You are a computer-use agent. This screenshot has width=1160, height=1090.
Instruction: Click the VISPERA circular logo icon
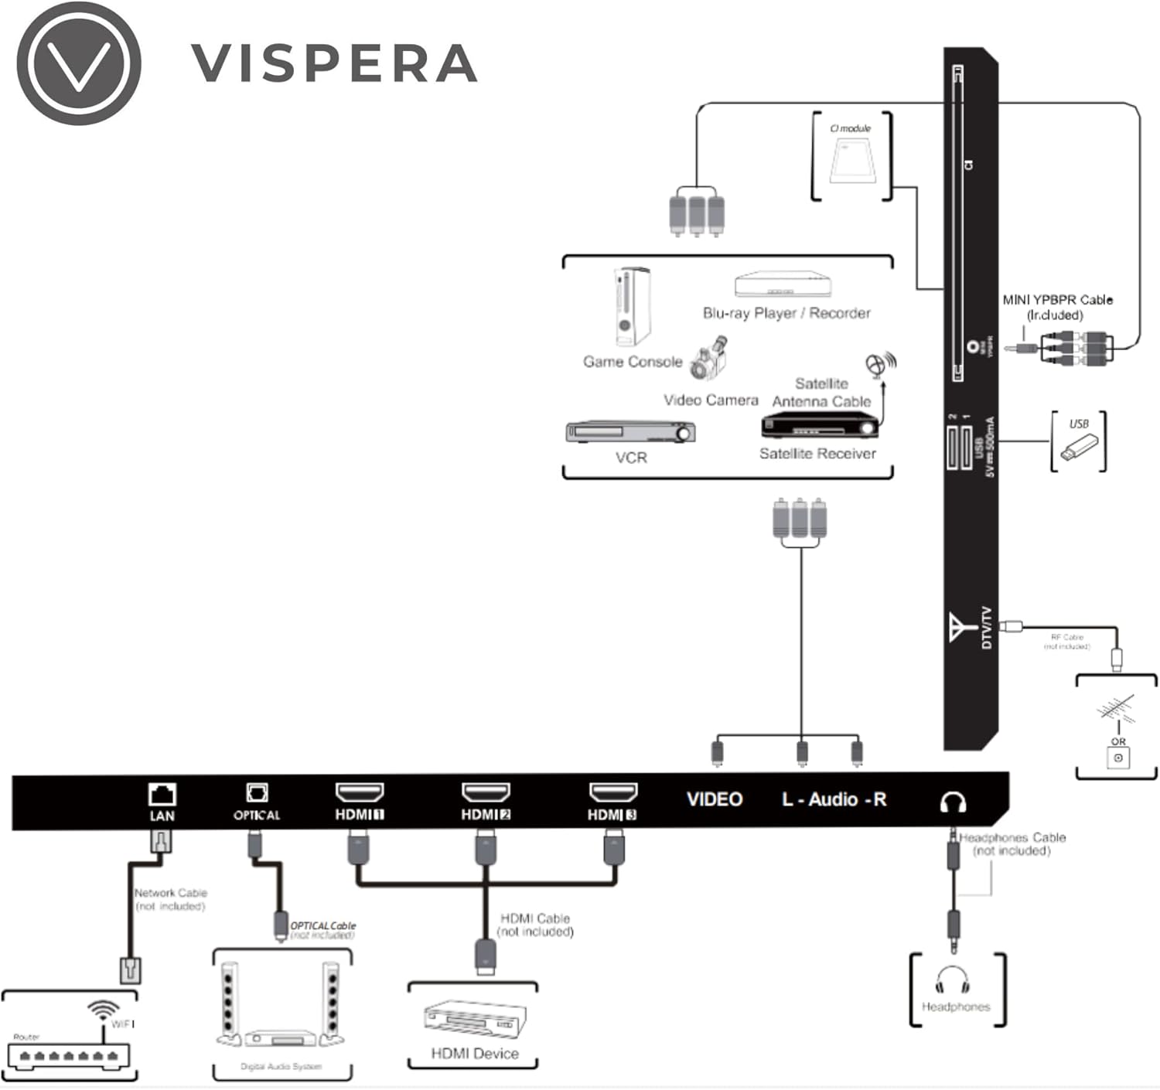pyautogui.click(x=79, y=63)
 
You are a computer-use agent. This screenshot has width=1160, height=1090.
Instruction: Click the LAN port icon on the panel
pyautogui.click(x=162, y=794)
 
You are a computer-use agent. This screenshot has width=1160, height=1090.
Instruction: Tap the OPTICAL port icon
pyautogui.click(x=257, y=792)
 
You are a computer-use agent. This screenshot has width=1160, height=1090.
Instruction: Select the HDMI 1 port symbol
pyautogui.click(x=360, y=792)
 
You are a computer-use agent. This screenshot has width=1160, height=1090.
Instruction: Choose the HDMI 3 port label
pyautogui.click(x=612, y=815)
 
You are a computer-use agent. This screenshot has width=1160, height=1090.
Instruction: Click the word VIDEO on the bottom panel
pyautogui.click(x=715, y=799)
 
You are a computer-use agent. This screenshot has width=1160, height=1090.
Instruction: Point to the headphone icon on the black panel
pyautogui.click(x=953, y=802)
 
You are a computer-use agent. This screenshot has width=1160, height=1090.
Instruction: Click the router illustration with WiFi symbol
pyautogui.click(x=70, y=1044)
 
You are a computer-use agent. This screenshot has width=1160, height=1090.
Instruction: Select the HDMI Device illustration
pyautogui.click(x=474, y=1019)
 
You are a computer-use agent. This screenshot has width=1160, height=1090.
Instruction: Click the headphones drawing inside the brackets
pyautogui.click(x=952, y=980)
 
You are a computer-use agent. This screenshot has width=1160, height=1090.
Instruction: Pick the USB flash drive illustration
pyautogui.click(x=1078, y=448)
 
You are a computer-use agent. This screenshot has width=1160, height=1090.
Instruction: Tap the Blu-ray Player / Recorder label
pyautogui.click(x=786, y=313)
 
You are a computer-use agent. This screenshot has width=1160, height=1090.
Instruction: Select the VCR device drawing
pyautogui.click(x=630, y=432)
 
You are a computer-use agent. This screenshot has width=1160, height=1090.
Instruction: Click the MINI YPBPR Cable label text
pyautogui.click(x=1057, y=300)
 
